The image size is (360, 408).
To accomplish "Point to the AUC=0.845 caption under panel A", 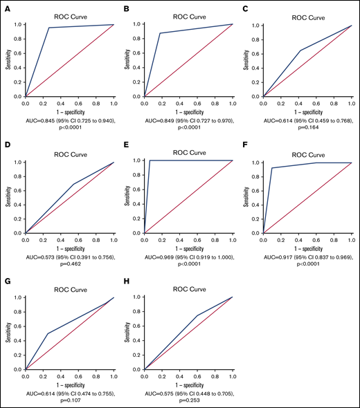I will point(69,118).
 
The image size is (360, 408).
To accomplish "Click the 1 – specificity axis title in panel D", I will point(69,245).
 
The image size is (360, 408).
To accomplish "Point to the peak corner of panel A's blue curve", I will point(49,28).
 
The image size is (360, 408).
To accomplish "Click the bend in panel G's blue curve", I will point(47,333).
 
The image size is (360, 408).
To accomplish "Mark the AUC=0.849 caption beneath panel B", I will point(188,118).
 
